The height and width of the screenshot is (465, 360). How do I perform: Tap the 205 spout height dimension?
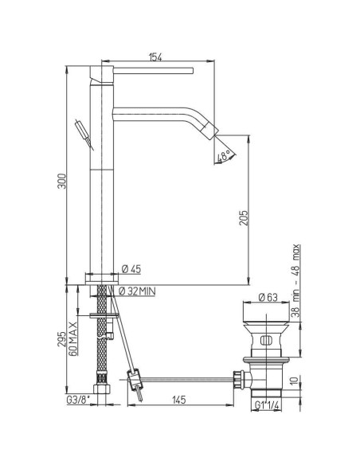coord(245,216)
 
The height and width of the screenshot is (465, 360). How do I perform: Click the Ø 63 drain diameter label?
coord(267,298)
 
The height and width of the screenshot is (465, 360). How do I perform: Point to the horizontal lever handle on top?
coord(151,72)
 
